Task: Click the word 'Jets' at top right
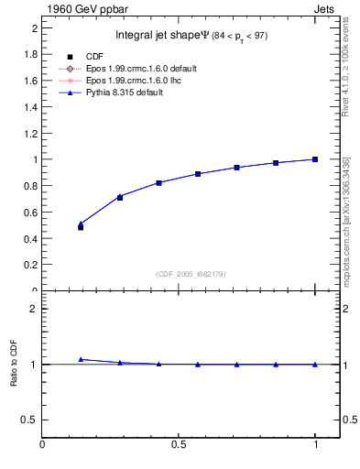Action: tap(325, 8)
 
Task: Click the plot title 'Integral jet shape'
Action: tap(156, 36)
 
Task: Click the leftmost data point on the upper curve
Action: tap(81, 224)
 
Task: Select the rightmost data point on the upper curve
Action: tap(315, 159)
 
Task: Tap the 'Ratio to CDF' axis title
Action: tap(14, 364)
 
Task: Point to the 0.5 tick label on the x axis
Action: tap(179, 446)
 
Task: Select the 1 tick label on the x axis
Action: tap(315, 446)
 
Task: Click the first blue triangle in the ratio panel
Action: tap(81, 359)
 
